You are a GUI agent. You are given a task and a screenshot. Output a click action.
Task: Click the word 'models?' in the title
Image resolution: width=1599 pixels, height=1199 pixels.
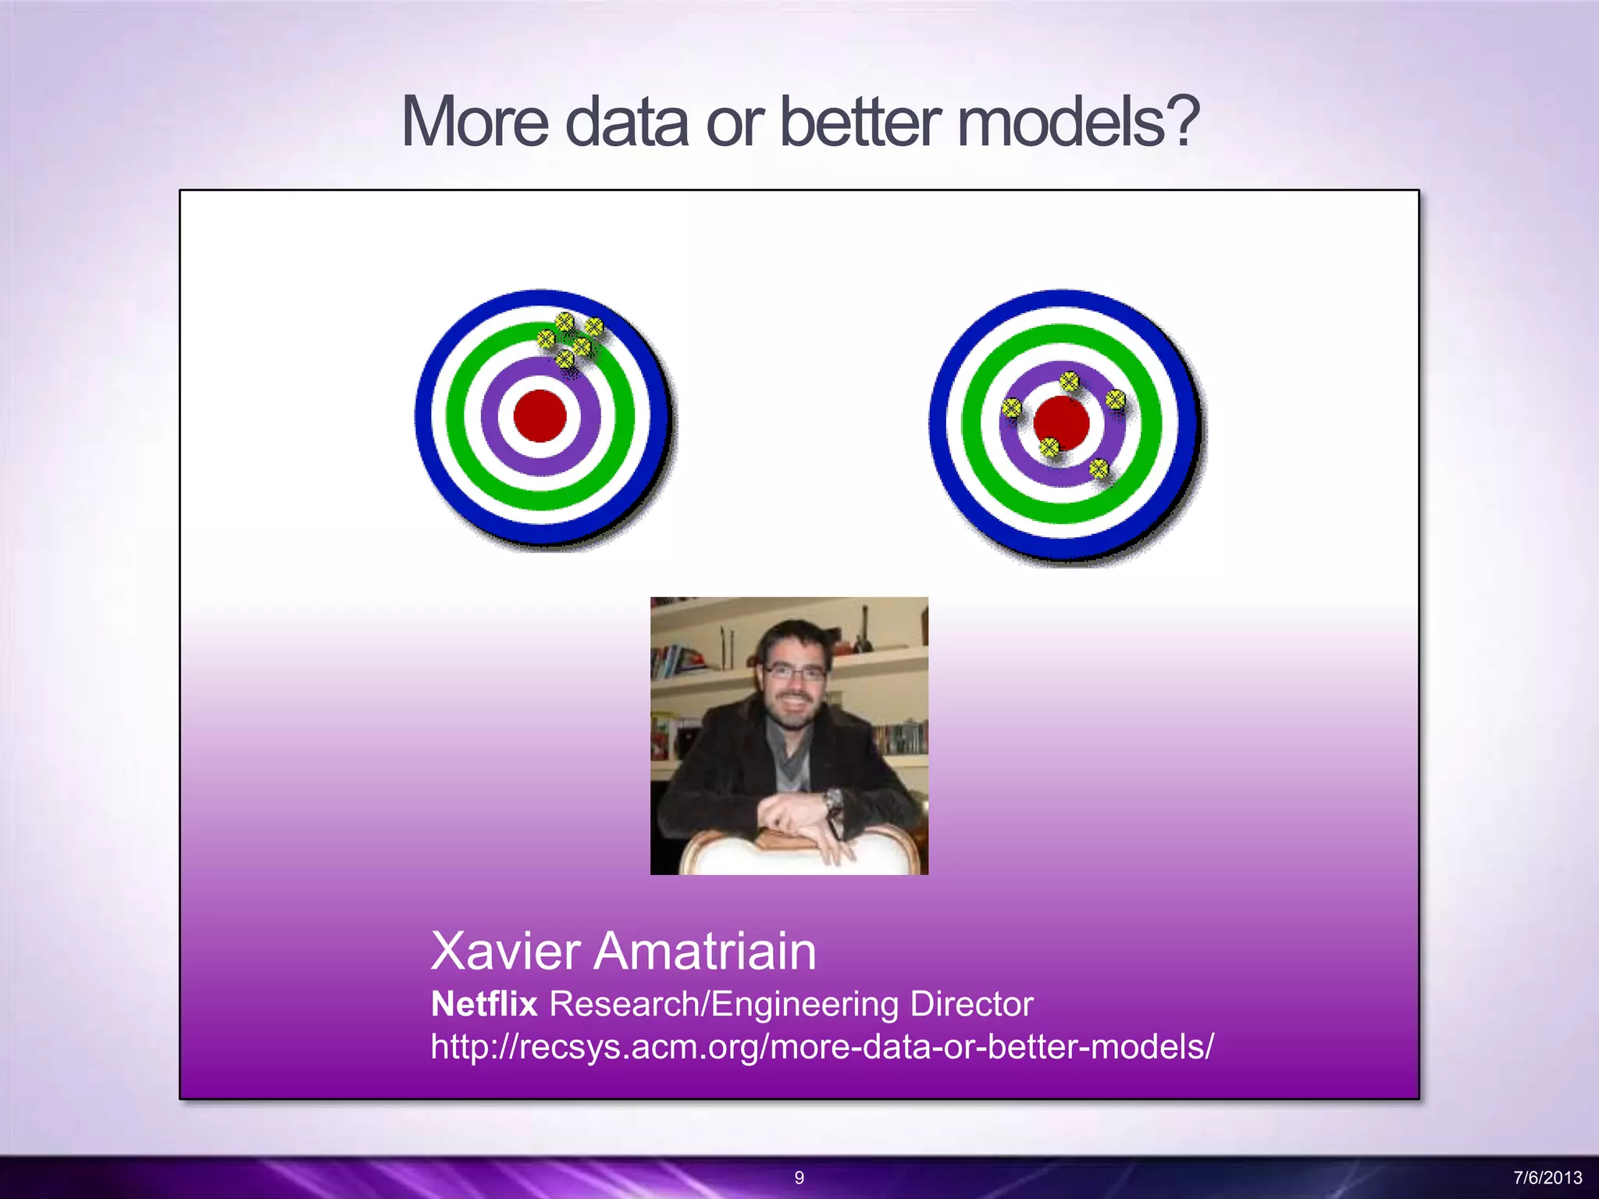pos(1077,122)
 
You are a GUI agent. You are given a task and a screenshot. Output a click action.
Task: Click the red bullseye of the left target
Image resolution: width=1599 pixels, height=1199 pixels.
pos(540,416)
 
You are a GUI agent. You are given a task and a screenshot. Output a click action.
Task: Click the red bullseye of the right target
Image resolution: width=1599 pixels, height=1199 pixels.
pos(1062,422)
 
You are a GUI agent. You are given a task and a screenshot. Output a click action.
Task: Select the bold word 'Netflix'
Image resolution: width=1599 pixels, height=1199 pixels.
pos(484,1004)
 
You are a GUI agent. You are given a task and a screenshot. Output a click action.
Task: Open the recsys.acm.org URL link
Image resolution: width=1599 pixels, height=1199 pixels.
pos(822,1046)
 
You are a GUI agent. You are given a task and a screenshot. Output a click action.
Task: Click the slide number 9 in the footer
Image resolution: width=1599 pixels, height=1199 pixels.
pos(799,1177)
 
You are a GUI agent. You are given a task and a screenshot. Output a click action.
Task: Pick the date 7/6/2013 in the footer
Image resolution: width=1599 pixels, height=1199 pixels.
pos(1547,1177)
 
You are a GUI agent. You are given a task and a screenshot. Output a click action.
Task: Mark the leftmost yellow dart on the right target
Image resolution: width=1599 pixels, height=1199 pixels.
pos(1011,407)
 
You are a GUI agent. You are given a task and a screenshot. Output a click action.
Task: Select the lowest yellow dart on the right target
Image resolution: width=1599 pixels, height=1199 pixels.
pos(1099,468)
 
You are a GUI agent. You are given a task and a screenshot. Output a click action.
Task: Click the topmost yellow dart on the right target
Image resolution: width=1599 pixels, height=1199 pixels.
pos(1069,382)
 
